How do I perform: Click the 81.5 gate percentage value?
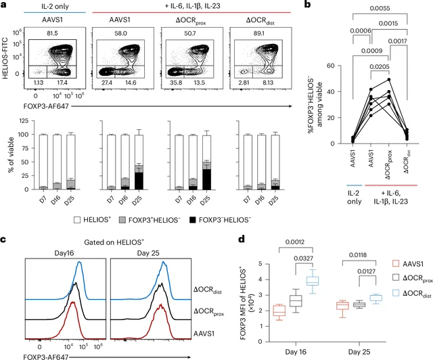[x=53, y=33]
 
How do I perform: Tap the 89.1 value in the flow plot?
[x=258, y=33]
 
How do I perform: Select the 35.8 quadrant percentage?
[x=176, y=83]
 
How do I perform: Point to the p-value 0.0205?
[x=380, y=66]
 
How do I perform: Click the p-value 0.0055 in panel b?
[x=380, y=9]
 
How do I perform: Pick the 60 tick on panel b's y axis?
[x=331, y=66]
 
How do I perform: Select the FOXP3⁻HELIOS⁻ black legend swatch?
[x=192, y=220]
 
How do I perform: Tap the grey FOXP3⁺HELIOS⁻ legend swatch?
[x=122, y=220]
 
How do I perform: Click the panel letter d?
[x=242, y=240]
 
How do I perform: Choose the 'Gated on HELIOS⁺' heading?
[x=114, y=242]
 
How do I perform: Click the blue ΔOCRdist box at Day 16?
[x=313, y=281]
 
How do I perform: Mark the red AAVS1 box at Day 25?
[x=342, y=306]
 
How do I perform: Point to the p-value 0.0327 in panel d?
[x=304, y=258]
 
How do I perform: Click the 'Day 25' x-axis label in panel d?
[x=359, y=352]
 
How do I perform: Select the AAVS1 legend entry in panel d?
[x=408, y=264]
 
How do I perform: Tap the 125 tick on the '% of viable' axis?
[x=24, y=120]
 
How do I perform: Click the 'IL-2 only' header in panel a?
[x=55, y=6]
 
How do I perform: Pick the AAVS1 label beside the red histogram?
[x=204, y=334]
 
